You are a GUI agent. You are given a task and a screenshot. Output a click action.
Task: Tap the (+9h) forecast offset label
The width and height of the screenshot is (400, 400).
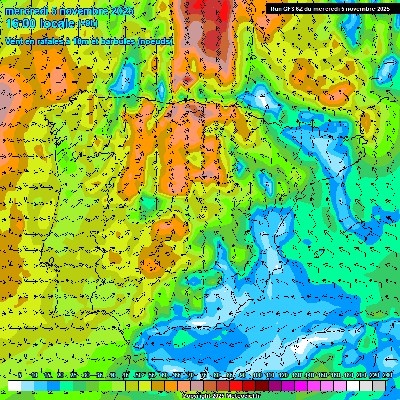coord(87,23)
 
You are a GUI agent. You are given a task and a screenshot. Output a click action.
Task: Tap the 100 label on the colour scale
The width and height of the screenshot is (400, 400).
coord(257,376)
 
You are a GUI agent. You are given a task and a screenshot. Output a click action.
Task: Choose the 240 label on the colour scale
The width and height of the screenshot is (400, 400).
coord(387,376)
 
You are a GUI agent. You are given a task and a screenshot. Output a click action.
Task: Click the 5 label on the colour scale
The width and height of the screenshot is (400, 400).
coord(20,376)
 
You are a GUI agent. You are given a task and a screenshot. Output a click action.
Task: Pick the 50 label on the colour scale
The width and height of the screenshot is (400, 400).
coord(139,376)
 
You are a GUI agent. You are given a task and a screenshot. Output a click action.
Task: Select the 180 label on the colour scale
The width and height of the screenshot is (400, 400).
coord(348,376)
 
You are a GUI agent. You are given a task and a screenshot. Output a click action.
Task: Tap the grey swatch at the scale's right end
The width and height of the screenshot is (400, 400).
coord(379,385)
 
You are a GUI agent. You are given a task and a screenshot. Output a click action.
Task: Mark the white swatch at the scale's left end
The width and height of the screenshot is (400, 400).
coord(15,385)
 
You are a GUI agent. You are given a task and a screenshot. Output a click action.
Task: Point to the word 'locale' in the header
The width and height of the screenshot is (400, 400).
coord(56,23)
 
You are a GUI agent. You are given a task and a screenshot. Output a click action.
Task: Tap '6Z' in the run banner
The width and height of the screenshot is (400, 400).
coord(302,9)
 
